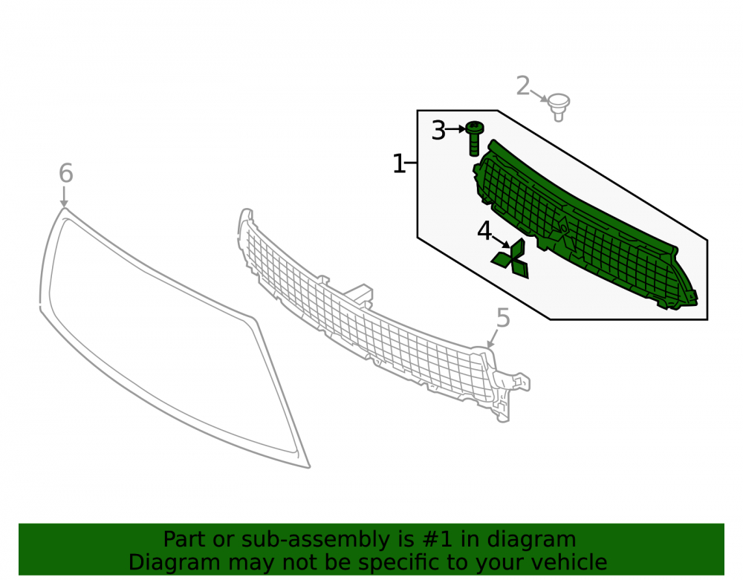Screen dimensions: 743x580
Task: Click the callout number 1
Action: [399, 164]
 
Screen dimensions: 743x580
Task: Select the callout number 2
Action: [522, 86]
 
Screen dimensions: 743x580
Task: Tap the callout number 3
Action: [438, 130]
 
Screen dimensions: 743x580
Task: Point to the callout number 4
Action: [484, 232]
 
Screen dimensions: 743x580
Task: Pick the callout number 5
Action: [503, 318]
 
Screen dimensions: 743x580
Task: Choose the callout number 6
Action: [66, 173]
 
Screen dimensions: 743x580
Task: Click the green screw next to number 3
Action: [474, 138]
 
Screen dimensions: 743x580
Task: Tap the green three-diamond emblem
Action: [510, 258]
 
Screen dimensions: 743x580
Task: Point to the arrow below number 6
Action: [64, 197]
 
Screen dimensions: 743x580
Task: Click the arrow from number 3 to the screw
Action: [456, 128]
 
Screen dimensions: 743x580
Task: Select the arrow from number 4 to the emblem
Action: [502, 241]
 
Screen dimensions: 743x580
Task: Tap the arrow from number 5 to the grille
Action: [493, 338]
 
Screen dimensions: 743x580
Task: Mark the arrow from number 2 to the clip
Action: [539, 96]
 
